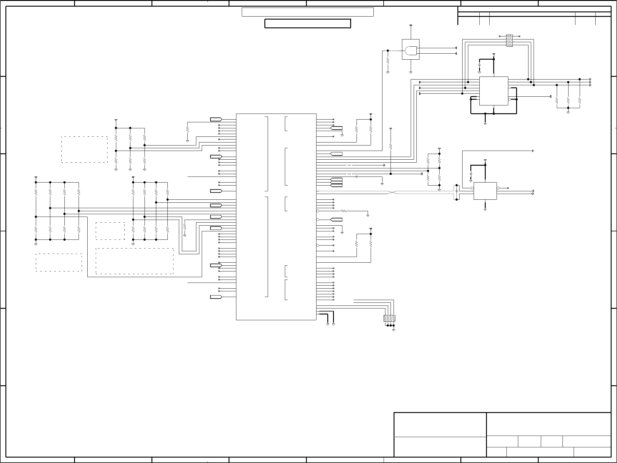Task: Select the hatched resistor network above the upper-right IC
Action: tap(509, 41)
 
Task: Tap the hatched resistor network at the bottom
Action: tap(389, 318)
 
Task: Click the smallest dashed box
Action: tap(110, 231)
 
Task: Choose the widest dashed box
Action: tap(135, 261)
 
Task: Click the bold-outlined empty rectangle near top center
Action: tap(307, 23)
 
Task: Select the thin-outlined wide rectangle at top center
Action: tap(307, 12)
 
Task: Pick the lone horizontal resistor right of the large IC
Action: tap(343, 211)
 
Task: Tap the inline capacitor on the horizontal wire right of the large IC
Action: tap(356, 177)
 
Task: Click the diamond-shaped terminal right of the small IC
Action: tap(533, 194)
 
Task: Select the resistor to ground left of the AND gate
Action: tap(388, 61)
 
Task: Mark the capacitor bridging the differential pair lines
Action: tap(457, 191)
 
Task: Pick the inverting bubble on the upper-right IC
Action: tap(509, 99)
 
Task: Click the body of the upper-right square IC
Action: tap(494, 91)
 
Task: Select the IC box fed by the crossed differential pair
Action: tap(485, 191)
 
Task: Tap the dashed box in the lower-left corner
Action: tap(59, 262)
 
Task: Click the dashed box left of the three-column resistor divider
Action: tap(84, 150)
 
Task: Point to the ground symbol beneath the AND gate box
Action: tap(411, 72)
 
